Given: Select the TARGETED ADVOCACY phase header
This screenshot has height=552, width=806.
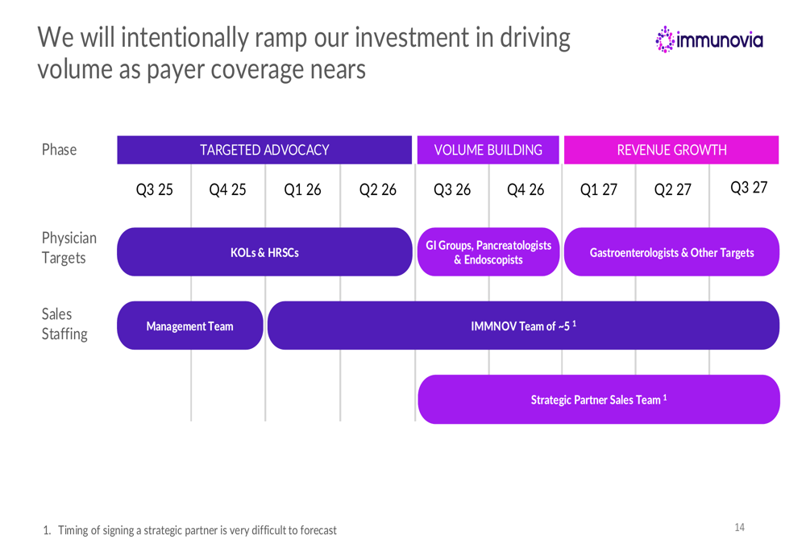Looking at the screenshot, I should click(264, 150).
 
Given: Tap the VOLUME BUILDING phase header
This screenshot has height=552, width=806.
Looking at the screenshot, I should click(488, 150).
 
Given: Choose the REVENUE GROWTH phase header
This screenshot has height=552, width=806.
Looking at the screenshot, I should click(671, 150).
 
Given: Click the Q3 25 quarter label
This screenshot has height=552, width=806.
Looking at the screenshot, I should click(154, 190).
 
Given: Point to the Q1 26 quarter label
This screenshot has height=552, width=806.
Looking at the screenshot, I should click(302, 190).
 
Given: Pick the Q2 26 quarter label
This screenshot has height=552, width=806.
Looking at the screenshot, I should click(377, 190).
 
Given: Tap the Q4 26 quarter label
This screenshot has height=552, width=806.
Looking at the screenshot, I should click(526, 190).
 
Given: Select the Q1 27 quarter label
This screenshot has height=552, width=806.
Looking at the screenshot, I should click(599, 190).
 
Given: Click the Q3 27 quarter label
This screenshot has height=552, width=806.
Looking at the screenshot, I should click(749, 189).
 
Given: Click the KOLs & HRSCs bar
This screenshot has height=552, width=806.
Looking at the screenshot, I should click(264, 253).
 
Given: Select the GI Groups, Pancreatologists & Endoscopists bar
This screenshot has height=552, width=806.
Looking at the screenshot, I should click(488, 252).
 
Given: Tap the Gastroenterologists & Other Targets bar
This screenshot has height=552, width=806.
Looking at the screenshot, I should click(671, 253).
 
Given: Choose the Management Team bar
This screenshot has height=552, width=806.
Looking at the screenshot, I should click(189, 326).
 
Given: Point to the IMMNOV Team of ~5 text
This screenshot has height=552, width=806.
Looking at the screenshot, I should click(524, 326).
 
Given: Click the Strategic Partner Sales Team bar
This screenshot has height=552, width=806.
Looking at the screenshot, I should click(599, 400).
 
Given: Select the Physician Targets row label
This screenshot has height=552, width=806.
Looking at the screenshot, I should click(69, 249).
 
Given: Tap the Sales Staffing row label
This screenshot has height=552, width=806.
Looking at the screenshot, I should click(64, 323).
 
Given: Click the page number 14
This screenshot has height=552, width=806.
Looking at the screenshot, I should click(740, 528).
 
